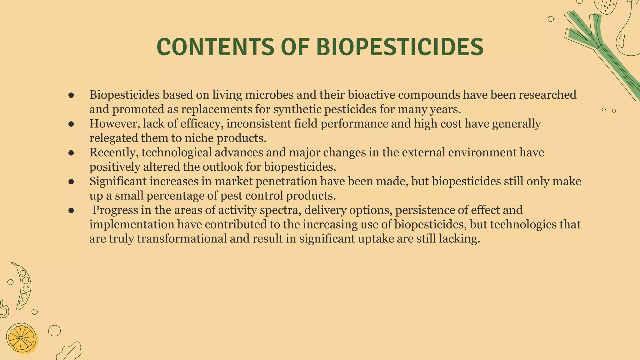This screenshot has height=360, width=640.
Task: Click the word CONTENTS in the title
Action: click(x=215, y=47)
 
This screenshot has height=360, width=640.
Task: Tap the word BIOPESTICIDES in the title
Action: click(x=400, y=47)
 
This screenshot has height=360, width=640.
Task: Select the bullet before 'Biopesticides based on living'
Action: click(x=71, y=95)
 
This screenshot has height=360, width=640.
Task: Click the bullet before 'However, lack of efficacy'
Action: click(x=71, y=124)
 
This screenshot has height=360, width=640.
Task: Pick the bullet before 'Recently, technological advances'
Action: click(x=71, y=153)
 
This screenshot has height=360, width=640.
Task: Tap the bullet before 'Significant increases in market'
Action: click(x=71, y=182)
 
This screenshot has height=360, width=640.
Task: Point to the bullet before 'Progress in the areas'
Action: click(x=71, y=210)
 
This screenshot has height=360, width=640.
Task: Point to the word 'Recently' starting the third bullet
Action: click(x=114, y=152)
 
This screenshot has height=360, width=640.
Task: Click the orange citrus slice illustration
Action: click(x=21, y=338)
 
